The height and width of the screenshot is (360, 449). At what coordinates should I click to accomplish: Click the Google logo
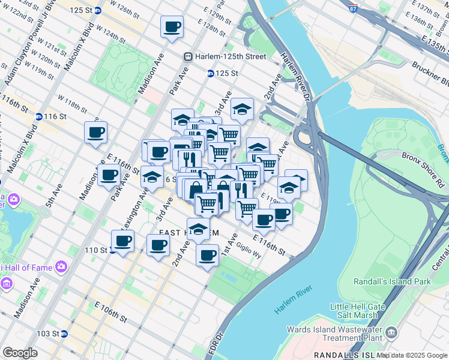tap(20, 353)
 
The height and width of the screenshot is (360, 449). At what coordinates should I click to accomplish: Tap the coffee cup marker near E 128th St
tap(172, 27)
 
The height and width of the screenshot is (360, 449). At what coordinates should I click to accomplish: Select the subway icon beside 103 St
tap(64, 334)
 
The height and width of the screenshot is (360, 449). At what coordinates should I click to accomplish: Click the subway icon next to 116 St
tap(38, 116)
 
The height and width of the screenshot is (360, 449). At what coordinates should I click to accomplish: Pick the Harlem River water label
tap(294, 299)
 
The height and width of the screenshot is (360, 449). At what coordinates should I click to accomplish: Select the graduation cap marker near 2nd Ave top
tap(242, 109)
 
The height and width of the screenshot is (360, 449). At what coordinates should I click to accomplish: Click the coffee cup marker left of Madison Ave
tap(95, 133)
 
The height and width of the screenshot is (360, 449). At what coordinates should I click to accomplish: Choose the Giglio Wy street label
tap(249, 247)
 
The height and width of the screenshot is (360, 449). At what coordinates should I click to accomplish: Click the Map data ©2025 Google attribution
tap(412, 355)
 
